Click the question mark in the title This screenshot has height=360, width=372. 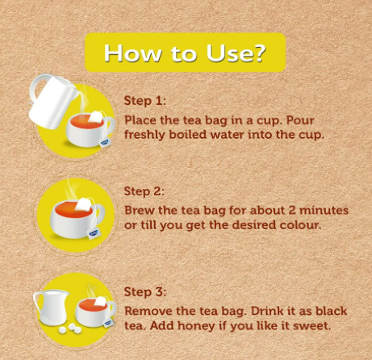pyautogui.click(x=259, y=53)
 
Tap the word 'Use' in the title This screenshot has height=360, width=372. pyautogui.click(x=228, y=53)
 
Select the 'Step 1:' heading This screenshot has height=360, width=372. pyautogui.click(x=145, y=101)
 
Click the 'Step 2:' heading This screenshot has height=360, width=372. pyautogui.click(x=144, y=191)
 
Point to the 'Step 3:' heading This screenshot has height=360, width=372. pyautogui.click(x=145, y=291)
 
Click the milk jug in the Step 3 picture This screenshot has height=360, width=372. pyautogui.click(x=52, y=308)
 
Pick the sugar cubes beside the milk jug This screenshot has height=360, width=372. pyautogui.click(x=70, y=329)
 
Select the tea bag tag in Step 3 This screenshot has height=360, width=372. pyautogui.click(x=108, y=323)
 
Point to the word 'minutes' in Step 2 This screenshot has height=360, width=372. pyautogui.click(x=324, y=210)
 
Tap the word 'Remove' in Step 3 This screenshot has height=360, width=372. pyautogui.click(x=148, y=311)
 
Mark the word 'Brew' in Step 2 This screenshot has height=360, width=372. pyautogui.click(x=140, y=210)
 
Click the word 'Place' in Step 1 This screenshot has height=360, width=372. pyautogui.click(x=140, y=120)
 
